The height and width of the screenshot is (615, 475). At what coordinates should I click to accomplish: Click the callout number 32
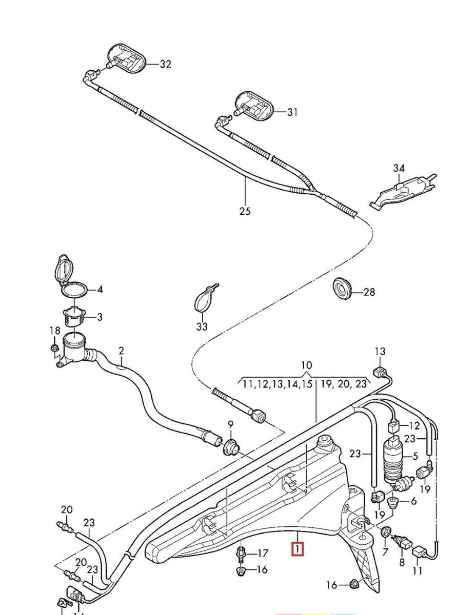coord(165,64)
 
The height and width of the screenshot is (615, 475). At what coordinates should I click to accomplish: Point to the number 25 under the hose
coord(245,211)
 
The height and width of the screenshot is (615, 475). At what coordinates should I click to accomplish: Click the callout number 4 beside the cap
coord(100,290)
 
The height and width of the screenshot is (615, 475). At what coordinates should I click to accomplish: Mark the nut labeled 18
coord(53,349)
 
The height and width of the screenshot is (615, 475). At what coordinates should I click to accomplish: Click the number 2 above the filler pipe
coord(121,351)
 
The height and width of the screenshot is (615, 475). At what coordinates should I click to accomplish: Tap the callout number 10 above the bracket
coord(306,365)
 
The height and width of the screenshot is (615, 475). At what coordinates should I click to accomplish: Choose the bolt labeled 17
coord(241,553)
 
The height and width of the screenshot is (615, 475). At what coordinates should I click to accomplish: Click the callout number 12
coord(414,425)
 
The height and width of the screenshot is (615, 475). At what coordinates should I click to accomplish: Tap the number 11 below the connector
coord(418,570)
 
